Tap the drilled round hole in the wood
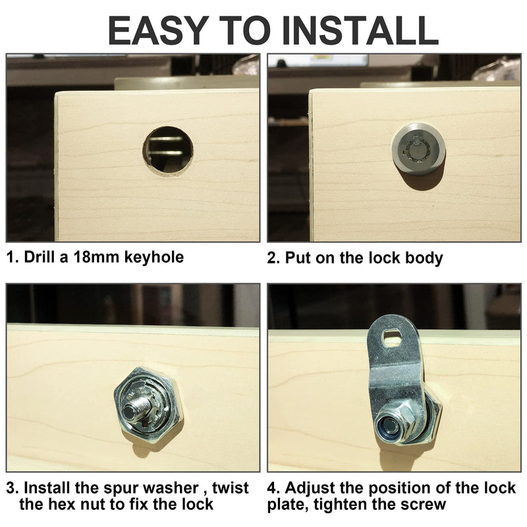168,150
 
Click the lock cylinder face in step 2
418,148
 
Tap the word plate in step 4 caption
286,505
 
